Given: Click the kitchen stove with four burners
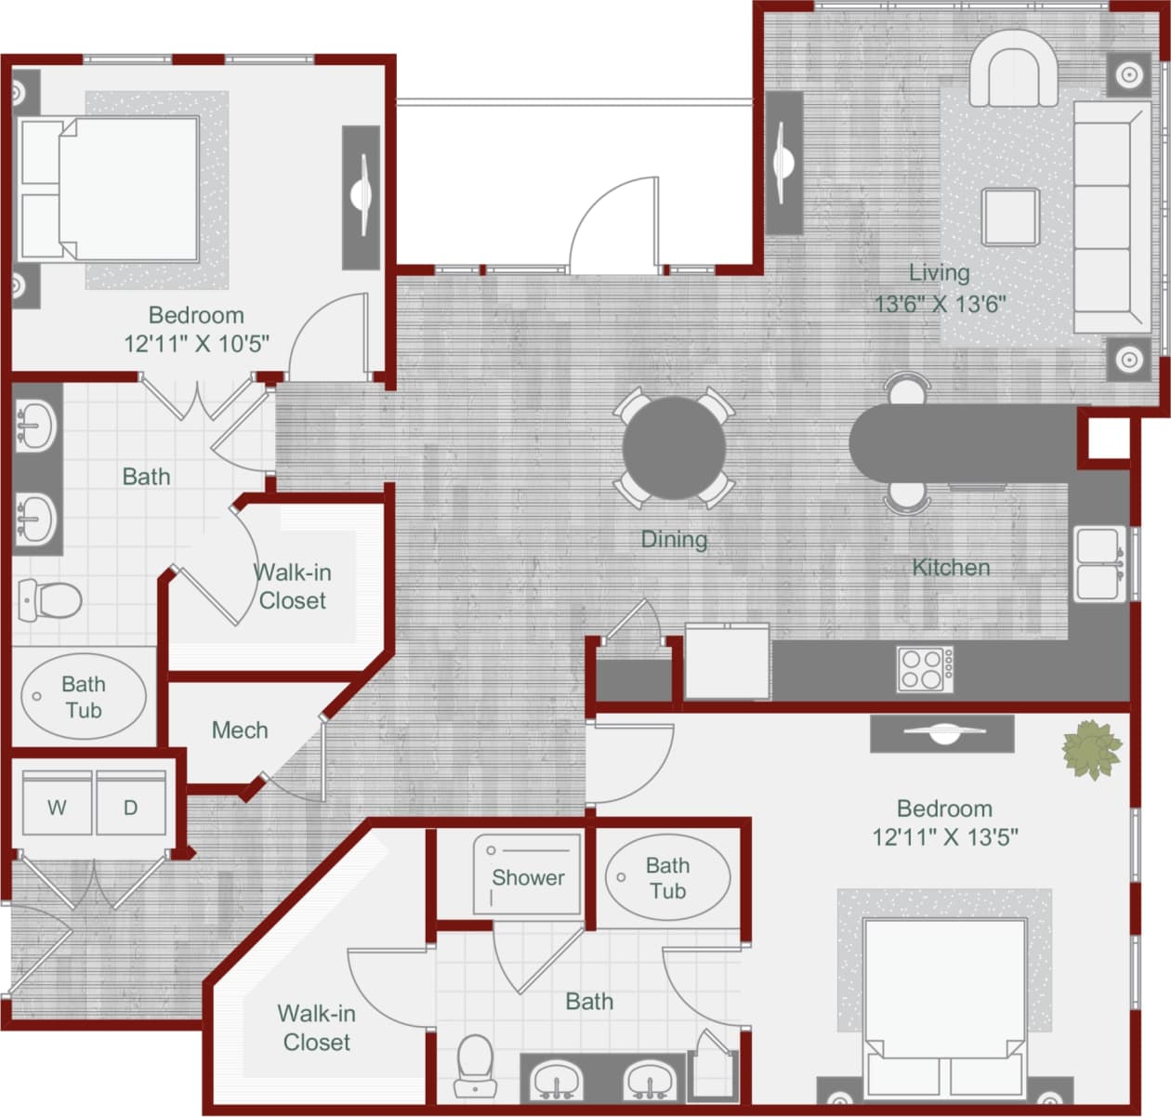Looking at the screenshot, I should [x=925, y=668].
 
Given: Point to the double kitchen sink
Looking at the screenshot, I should [x=1099, y=564].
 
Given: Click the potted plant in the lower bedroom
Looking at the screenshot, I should [x=1091, y=749].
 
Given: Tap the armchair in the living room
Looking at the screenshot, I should [x=1013, y=70].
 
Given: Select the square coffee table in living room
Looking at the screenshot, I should [x=1010, y=217].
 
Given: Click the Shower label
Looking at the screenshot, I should [x=528, y=877].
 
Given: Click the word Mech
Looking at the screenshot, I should [x=240, y=730].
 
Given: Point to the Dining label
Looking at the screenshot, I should [x=674, y=539].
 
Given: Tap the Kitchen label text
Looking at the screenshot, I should [x=951, y=567].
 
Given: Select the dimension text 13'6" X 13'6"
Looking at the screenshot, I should [x=940, y=304].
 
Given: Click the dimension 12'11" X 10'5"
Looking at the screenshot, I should [x=196, y=344].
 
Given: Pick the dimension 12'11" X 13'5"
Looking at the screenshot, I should [x=944, y=836].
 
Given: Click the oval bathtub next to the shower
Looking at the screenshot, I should [x=667, y=877].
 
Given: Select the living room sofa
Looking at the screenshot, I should [x=1111, y=217].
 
